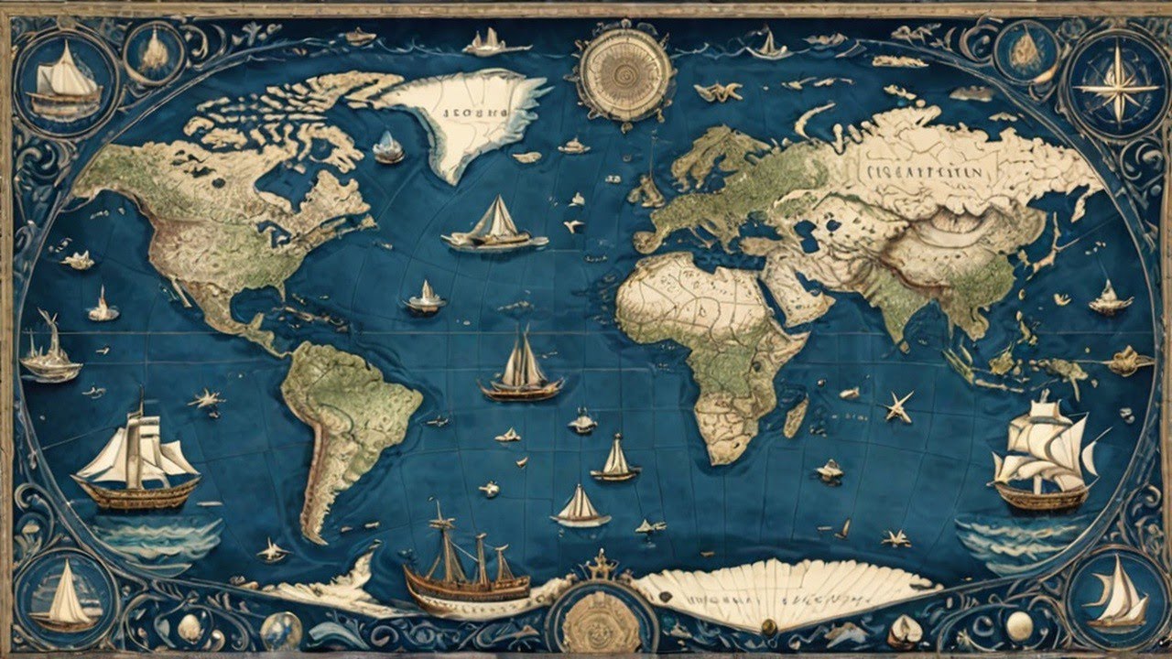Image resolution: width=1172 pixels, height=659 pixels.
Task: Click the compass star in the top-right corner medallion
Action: (x=1115, y=85)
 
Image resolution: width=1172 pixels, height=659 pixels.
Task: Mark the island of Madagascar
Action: (x=796, y=417)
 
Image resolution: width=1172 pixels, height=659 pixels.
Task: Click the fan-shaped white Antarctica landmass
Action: (x=778, y=590)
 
